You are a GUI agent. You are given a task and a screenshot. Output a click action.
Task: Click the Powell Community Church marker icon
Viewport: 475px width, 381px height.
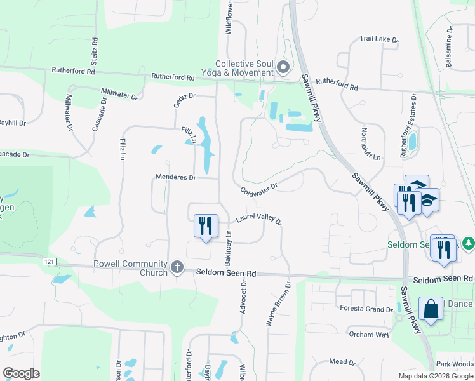click(x=177, y=267)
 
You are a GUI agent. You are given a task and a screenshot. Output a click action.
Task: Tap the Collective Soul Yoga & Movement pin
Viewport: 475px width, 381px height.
click(x=283, y=66)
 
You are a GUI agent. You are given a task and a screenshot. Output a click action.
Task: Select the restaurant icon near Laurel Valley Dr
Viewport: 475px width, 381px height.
click(x=205, y=226)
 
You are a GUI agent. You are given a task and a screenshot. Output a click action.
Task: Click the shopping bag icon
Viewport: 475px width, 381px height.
click(x=431, y=309)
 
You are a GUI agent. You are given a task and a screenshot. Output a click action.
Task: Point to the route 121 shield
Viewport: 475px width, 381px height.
click(x=49, y=262)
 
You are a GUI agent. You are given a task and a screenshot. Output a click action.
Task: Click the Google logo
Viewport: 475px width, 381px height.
click(x=21, y=373)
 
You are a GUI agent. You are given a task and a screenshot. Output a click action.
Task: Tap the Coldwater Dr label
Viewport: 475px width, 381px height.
click(x=259, y=189)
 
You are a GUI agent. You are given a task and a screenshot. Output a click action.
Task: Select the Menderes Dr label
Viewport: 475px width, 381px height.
click(x=176, y=178)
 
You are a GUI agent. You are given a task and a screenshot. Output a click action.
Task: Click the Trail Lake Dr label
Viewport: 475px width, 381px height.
click(x=378, y=39)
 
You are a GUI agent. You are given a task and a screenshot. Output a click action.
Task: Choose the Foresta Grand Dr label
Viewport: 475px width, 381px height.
click(x=366, y=309)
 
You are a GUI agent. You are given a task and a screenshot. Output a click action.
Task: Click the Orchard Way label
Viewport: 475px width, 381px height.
click(x=368, y=334)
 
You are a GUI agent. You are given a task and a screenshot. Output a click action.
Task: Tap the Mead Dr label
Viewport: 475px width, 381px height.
click(x=342, y=362)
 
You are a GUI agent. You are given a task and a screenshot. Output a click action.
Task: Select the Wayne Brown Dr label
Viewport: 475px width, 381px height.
click(x=278, y=304)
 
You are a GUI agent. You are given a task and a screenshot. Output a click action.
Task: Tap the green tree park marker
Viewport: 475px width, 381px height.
click(x=468, y=243)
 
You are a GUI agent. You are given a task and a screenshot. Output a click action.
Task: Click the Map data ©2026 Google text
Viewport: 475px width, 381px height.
click(x=435, y=376)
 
